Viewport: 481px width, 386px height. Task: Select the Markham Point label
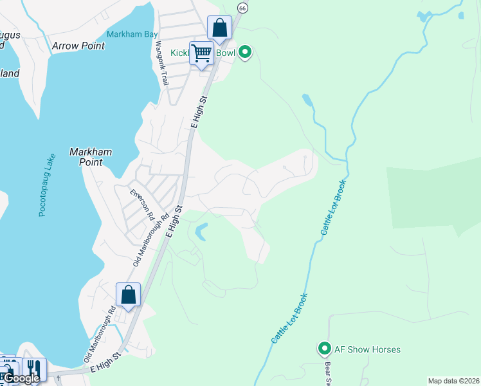pos(91,157)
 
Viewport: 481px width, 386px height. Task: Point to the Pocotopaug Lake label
pos(46,184)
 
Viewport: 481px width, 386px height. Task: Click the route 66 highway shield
pos(242,8)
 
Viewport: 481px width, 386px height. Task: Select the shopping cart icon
pos(201,54)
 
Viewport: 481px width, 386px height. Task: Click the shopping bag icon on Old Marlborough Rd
pos(128,296)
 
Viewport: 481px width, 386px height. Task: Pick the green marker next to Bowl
pos(244,52)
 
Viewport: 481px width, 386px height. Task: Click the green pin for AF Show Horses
pos(324,349)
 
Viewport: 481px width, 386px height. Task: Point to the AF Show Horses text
pos(367,350)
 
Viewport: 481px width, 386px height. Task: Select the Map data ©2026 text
pos(453,380)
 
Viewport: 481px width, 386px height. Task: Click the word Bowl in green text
pos(226,53)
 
